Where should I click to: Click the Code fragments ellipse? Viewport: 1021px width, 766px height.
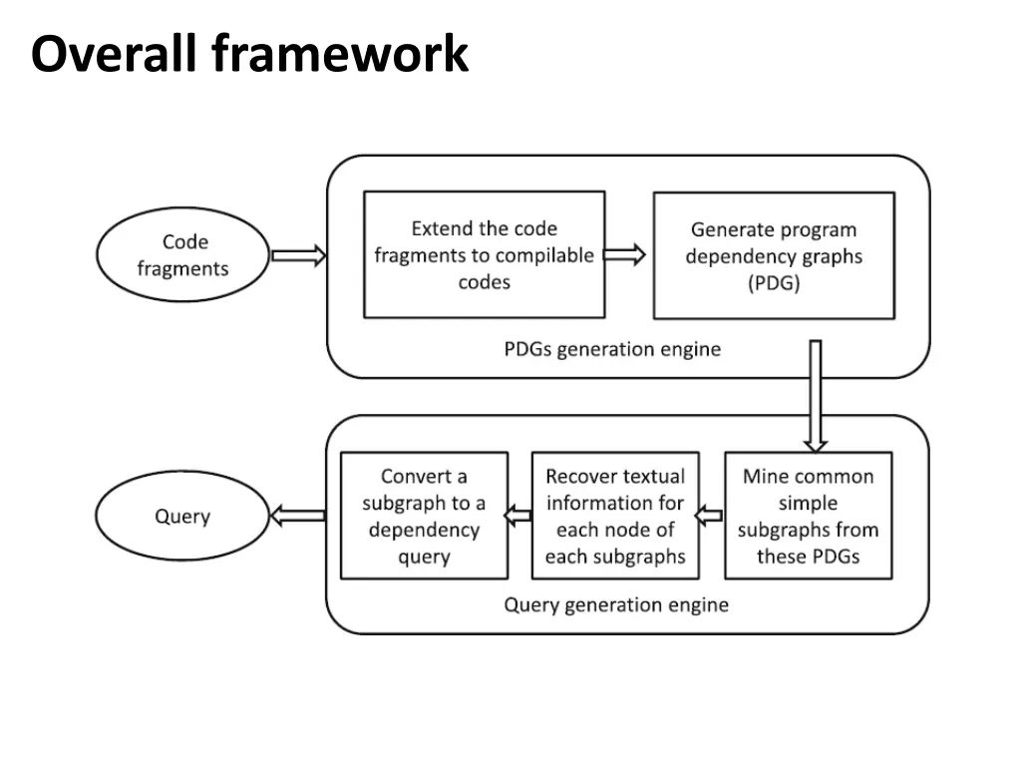pyautogui.click(x=182, y=255)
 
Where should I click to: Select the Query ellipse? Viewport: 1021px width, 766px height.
pyautogui.click(x=182, y=517)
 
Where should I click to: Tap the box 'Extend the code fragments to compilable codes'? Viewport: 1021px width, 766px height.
pyautogui.click(x=484, y=255)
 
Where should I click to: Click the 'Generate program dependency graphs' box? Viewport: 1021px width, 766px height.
pyautogui.click(x=774, y=256)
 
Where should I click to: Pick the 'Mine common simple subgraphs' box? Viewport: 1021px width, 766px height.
pyautogui.click(x=808, y=516)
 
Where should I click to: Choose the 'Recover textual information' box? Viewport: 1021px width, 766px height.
pyautogui.click(x=615, y=516)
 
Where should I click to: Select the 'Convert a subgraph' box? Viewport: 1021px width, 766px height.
pyautogui.click(x=424, y=516)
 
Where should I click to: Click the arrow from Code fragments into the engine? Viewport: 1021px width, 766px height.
pyautogui.click(x=298, y=256)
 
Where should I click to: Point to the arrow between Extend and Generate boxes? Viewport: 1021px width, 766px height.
pyautogui.click(x=625, y=255)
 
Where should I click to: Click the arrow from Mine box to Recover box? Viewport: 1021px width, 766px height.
pyautogui.click(x=708, y=516)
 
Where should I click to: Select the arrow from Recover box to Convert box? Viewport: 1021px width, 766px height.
pyautogui.click(x=517, y=516)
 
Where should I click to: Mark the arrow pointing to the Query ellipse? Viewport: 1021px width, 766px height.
pyautogui.click(x=297, y=516)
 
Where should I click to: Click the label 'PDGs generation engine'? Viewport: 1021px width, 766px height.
pyautogui.click(x=612, y=349)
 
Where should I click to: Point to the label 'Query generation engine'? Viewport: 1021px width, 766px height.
pyautogui.click(x=616, y=604)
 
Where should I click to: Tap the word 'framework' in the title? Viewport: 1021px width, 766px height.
pyautogui.click(x=340, y=53)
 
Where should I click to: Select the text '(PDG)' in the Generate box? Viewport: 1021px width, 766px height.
pyautogui.click(x=774, y=282)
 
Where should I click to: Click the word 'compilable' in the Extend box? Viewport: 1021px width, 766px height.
pyautogui.click(x=544, y=255)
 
